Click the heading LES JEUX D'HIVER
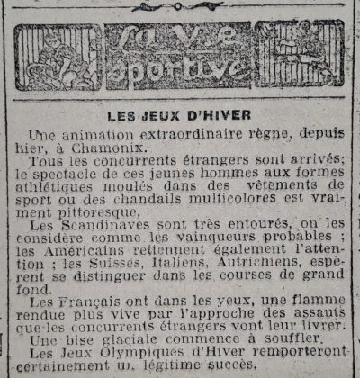180,116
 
